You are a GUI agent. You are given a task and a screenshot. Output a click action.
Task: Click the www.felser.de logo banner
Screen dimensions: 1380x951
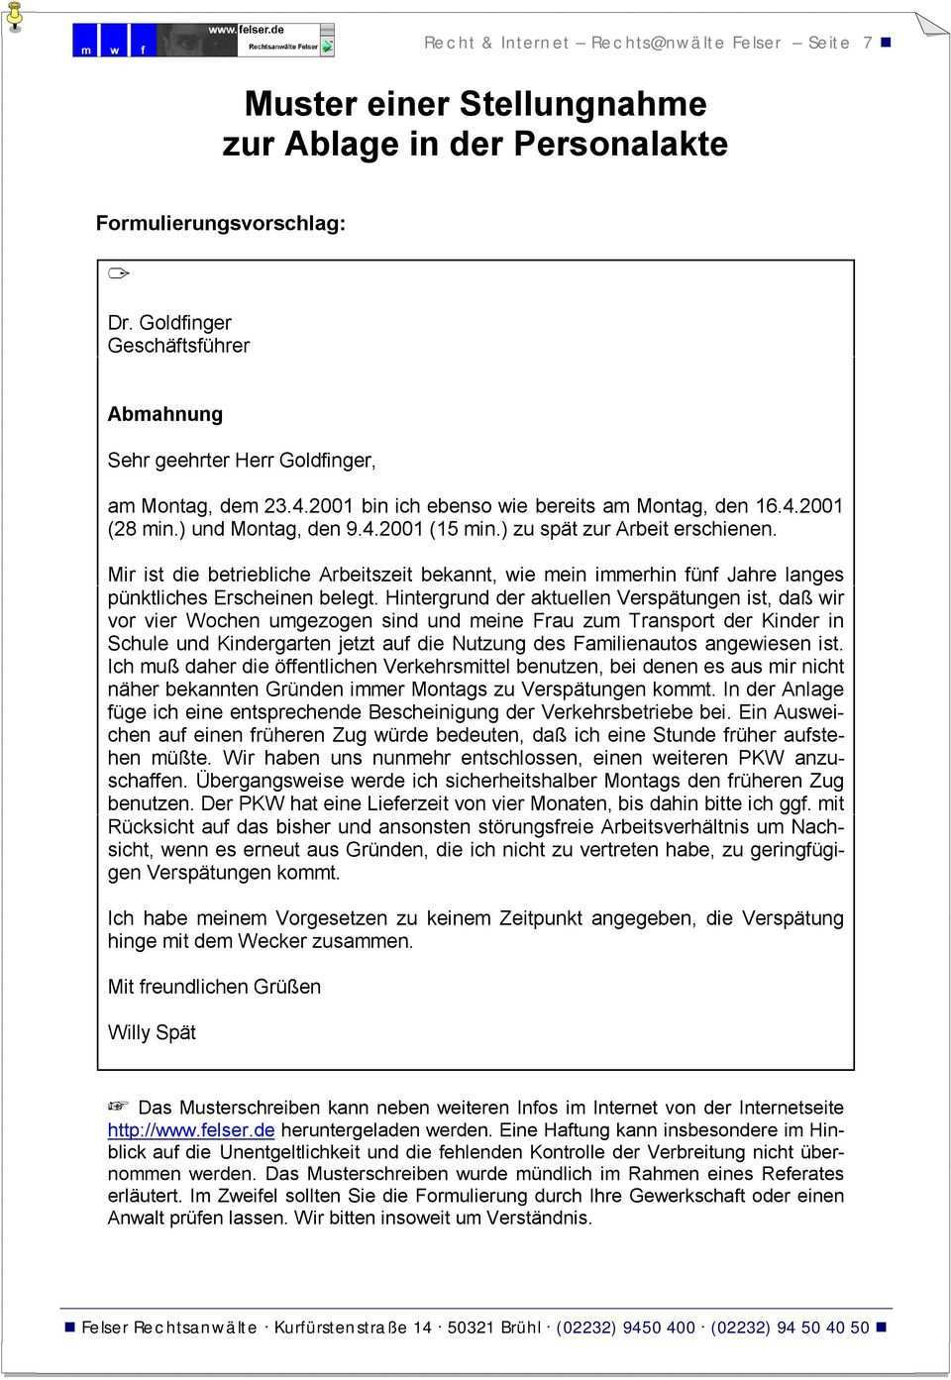[x=203, y=40]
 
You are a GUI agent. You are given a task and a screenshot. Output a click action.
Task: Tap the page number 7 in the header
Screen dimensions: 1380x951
[x=868, y=43]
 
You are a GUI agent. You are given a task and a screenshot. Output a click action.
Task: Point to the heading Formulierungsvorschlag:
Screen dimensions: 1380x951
[x=221, y=223]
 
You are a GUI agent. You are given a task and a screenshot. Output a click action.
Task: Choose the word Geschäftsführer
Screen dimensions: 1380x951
[x=178, y=346]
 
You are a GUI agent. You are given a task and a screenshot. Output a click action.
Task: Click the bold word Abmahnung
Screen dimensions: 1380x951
[x=165, y=414]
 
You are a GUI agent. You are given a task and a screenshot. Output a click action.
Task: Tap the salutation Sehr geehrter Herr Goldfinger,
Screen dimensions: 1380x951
[x=242, y=460]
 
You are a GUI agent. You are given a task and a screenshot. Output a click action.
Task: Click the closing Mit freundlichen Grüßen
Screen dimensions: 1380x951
[x=214, y=987]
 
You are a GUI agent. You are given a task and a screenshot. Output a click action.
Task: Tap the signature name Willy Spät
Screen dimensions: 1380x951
[x=152, y=1032]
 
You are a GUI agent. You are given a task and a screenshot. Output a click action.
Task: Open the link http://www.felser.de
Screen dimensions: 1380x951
[x=191, y=1129]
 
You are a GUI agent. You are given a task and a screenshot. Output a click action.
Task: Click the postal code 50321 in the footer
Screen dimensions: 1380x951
[x=471, y=1327]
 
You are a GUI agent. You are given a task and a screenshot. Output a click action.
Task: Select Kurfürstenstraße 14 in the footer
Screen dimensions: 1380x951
[x=353, y=1327]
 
